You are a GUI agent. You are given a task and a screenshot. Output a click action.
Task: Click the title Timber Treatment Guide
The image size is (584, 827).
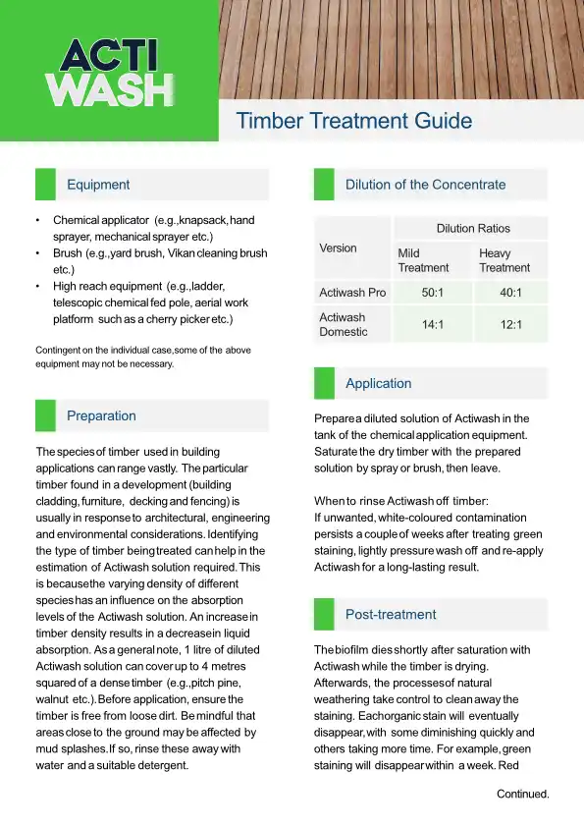pos(354,122)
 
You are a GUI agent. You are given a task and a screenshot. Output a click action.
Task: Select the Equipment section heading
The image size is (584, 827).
pos(98,185)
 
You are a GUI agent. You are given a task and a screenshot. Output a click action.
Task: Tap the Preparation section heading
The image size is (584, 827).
pos(101,416)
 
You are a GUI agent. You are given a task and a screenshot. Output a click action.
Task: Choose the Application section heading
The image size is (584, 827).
pos(378,384)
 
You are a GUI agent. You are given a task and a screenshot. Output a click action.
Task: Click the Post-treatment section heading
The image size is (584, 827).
pos(391,615)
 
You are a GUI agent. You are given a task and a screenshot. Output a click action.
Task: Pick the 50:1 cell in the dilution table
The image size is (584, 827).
pos(431,293)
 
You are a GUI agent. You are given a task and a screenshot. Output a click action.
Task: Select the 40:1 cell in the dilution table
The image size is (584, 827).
pos(510,293)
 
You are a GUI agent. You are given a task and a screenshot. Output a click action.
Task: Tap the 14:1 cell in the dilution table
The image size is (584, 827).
pos(431,324)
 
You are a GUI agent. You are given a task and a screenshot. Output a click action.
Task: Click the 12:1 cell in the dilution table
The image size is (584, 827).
pos(510,324)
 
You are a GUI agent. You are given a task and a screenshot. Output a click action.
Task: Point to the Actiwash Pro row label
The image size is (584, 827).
pos(352,293)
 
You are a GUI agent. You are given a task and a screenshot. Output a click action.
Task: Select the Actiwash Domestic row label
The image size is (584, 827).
pos(343,324)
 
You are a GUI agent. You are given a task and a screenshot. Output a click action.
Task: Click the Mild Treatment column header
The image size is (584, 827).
pos(422,260)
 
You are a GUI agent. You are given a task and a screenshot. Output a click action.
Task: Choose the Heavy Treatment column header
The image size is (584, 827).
pos(504,260)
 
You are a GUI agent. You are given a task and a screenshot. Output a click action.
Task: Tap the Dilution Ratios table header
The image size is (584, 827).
pos(473,229)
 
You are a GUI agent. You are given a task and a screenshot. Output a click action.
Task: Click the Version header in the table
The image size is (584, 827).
pos(338,248)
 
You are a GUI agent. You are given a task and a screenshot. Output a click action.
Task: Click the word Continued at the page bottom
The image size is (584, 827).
pos(522,794)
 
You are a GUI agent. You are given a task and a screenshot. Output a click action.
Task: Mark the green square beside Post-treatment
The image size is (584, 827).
pos(324,615)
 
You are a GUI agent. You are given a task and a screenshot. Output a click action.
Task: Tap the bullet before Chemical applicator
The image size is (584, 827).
pos(37,221)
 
